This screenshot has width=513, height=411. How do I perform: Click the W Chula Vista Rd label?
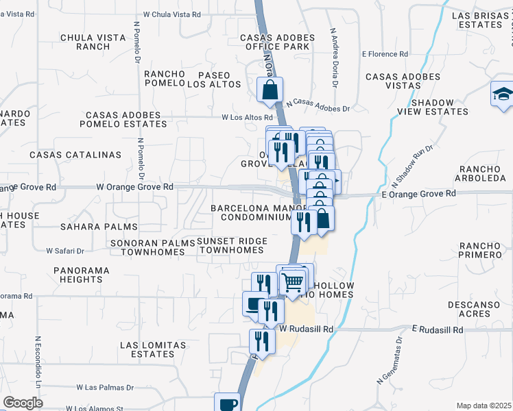(x=172, y=14)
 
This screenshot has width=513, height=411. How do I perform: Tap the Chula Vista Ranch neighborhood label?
(x=85, y=42)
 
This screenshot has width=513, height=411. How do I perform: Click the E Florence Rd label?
(x=385, y=53)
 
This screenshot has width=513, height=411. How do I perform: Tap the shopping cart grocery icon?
(x=293, y=281)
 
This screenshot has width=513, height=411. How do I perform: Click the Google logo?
(x=23, y=403)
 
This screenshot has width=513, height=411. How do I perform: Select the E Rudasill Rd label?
(x=438, y=329)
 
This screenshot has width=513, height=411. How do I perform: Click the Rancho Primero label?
(x=481, y=250)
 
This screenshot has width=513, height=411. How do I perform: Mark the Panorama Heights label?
(x=81, y=275)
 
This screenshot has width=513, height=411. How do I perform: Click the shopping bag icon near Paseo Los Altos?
(x=271, y=88)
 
